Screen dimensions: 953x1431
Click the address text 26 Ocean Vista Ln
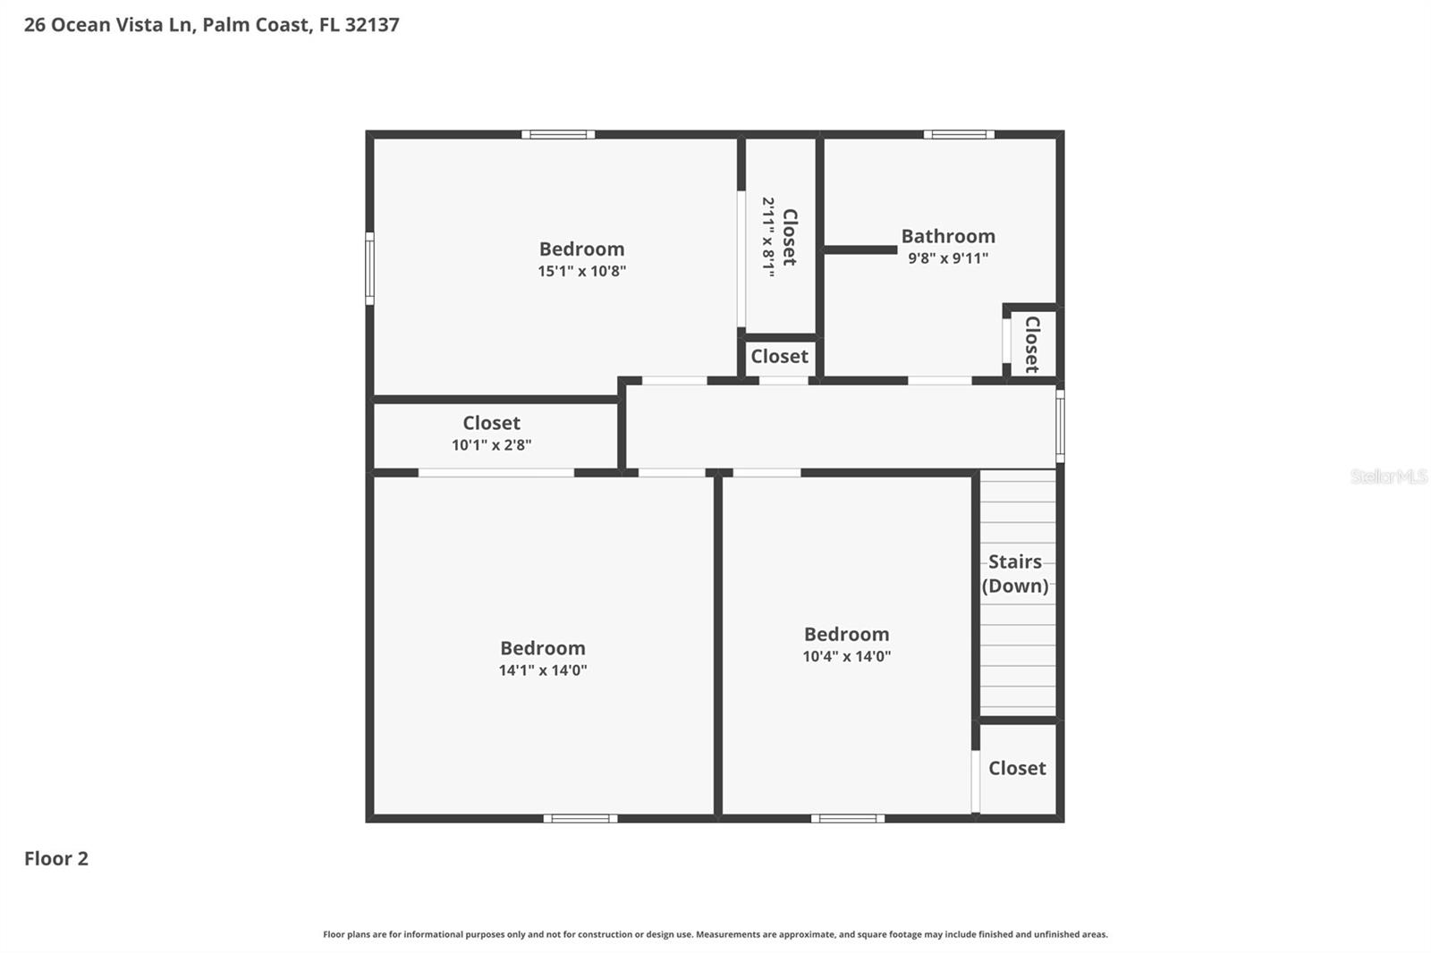[x=107, y=25]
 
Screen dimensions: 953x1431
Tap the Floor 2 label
[x=55, y=858]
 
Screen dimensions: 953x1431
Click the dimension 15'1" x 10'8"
[x=581, y=271]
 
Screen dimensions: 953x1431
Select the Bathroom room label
[x=947, y=236]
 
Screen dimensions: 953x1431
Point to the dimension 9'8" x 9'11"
[x=947, y=258]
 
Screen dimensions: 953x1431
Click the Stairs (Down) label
[x=1014, y=573]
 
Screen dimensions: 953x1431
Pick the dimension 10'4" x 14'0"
[x=846, y=656]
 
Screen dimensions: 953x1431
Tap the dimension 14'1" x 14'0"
[x=542, y=670]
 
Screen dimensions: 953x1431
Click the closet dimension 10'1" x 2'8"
[x=491, y=445]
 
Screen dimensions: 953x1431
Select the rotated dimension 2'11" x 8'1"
[x=768, y=237]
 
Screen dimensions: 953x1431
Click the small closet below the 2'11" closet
[x=779, y=357]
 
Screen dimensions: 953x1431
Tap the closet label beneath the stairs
[x=1017, y=768]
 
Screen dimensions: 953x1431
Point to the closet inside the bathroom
[x=1031, y=344]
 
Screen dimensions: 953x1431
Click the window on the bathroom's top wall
[x=959, y=135]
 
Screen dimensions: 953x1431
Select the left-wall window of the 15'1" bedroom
[x=369, y=268]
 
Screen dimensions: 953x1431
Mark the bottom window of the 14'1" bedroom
[x=580, y=818]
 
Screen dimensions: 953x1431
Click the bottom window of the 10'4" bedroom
[x=847, y=818]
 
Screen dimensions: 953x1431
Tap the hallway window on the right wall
[x=1060, y=426]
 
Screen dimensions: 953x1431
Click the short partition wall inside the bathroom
[x=859, y=250]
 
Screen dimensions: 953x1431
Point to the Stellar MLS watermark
[x=1388, y=476]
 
